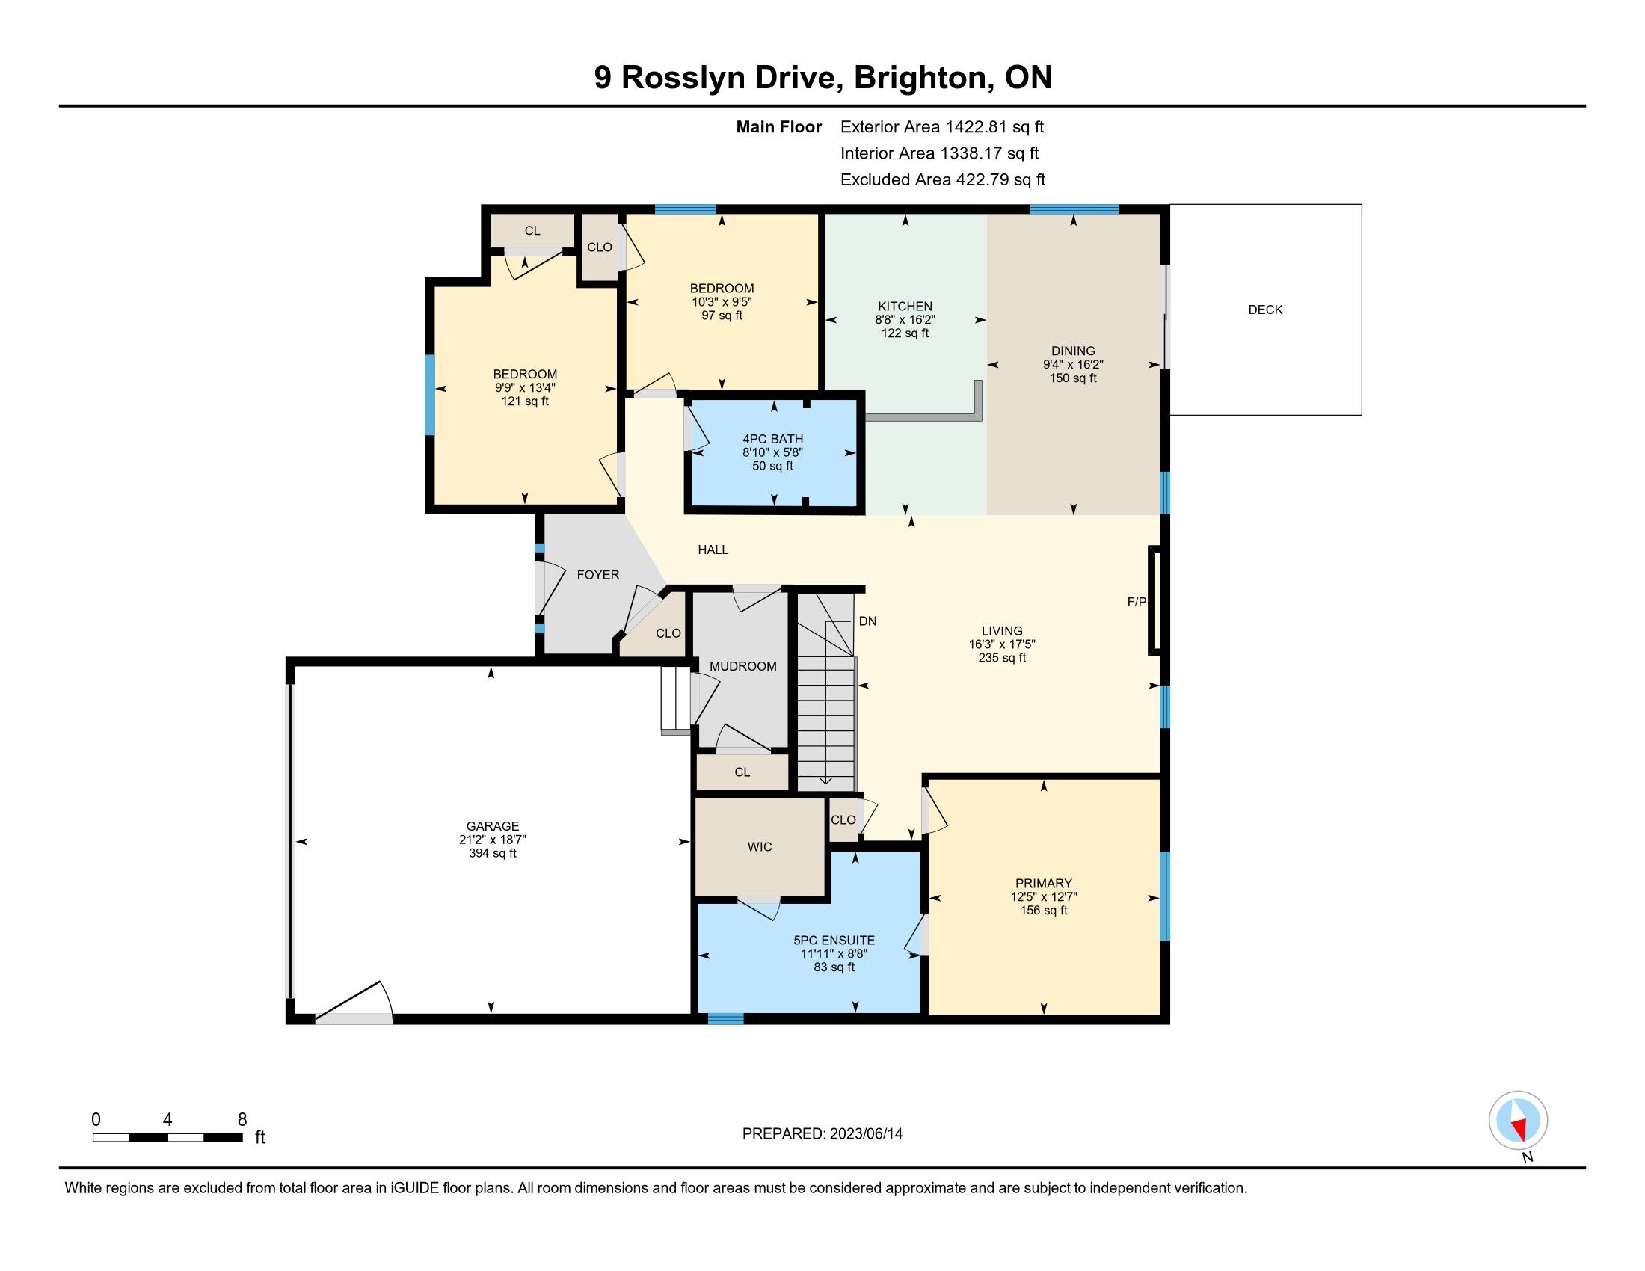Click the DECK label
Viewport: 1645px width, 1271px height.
[x=1264, y=310]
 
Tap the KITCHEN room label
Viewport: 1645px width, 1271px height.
[x=905, y=307]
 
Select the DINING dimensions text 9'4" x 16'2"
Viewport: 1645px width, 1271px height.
[x=1072, y=364]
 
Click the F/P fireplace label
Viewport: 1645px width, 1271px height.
[x=1136, y=602]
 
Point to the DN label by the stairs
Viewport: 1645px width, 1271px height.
[x=867, y=621]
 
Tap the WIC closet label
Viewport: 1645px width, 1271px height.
[x=759, y=847]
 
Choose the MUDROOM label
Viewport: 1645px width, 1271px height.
[x=742, y=666]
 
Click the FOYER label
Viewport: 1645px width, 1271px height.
[x=598, y=574]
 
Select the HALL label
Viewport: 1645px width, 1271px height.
[x=713, y=550]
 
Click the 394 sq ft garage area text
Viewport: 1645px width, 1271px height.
[x=493, y=853]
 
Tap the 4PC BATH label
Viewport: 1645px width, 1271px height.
[x=773, y=439]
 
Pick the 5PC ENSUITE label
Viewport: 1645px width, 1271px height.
[x=834, y=941]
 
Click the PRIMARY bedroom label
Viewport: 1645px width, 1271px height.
[x=1043, y=883]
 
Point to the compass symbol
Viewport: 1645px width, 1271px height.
[x=1518, y=1121]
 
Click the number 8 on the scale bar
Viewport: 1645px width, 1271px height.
[x=242, y=1120]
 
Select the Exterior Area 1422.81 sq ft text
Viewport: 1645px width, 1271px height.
[x=942, y=127]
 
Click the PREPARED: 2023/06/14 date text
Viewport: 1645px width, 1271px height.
[x=822, y=1134]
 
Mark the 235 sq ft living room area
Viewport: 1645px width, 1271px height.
[x=1002, y=657]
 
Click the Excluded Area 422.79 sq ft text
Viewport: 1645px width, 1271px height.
[x=943, y=180]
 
